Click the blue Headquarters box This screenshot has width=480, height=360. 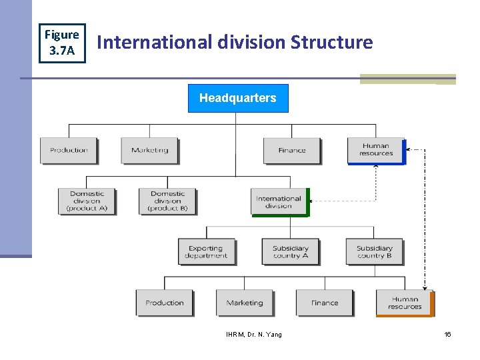coord(238,98)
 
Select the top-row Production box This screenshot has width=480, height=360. coord(69,151)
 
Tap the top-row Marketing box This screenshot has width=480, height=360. coord(149,151)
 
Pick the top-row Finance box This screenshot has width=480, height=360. coord(291,151)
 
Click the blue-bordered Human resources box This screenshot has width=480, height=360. coord(376,151)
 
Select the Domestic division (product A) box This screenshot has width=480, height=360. coord(87,201)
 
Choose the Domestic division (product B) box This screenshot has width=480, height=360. coord(167,201)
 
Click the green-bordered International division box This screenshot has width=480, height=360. coord(279,202)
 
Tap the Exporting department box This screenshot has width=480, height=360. coord(206,252)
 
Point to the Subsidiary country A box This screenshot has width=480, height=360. coord(290,252)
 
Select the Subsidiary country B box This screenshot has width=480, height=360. coord(374,252)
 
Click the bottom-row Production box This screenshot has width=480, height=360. coord(164,303)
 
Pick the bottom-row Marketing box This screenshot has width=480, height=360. coord(245,303)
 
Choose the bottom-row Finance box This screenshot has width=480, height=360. coord(325,303)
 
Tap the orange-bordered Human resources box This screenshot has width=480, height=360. coord(405,303)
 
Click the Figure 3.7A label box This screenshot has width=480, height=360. coord(61,42)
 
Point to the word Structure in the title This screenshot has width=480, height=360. coord(331,43)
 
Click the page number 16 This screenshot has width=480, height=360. coord(447,335)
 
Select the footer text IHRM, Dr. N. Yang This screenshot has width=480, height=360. coord(254,335)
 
